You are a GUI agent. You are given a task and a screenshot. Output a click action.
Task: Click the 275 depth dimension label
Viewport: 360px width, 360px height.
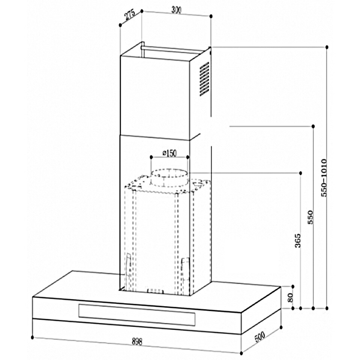click(130, 15)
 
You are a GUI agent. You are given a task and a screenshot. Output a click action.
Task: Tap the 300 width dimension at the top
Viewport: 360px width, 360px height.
click(176, 10)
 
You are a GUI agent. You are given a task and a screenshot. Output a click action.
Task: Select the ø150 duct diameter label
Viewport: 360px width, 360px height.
click(169, 153)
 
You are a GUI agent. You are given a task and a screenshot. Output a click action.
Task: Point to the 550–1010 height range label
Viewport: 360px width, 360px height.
click(324, 178)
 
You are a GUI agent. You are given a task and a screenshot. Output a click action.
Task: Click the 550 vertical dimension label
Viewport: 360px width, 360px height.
click(310, 217)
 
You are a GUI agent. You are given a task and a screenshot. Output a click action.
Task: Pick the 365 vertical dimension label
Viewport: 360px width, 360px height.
click(298, 241)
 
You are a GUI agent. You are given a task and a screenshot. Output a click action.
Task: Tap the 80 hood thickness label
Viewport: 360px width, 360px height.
click(290, 298)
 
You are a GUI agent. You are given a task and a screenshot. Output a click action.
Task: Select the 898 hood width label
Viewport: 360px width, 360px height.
click(137, 341)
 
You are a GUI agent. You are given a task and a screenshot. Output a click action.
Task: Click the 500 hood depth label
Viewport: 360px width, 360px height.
click(259, 337)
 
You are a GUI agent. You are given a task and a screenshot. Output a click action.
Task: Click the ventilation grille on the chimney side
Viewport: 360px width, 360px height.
click(204, 79)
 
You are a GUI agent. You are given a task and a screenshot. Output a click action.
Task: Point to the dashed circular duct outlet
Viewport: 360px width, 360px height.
click(169, 178)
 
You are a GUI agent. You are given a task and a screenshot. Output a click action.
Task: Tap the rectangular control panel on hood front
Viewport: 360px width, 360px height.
click(137, 315)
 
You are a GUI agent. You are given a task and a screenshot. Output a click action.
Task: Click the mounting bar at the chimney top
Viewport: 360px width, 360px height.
click(176, 50)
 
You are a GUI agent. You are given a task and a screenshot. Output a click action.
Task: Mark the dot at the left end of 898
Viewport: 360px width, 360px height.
click(32, 337)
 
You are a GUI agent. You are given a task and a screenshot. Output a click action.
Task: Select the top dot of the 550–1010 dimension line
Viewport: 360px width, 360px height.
click(327, 47)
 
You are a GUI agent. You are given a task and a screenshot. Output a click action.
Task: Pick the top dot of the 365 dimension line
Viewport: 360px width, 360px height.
click(300, 173)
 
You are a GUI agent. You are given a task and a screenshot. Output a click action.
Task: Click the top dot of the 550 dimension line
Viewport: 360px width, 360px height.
click(313, 126)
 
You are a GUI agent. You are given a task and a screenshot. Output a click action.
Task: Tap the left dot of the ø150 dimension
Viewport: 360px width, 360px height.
click(151, 157)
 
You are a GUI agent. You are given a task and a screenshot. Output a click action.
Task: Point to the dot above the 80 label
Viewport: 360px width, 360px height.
click(293, 286)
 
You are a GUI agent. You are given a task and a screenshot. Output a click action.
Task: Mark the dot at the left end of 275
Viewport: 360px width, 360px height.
click(120, 25)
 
